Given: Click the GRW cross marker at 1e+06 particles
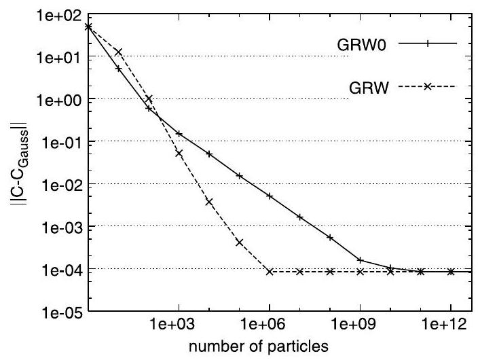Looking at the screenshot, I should coord(270,272).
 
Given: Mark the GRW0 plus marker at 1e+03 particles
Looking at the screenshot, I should coord(179,134).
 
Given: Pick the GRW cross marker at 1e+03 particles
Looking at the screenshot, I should coord(179,153).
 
